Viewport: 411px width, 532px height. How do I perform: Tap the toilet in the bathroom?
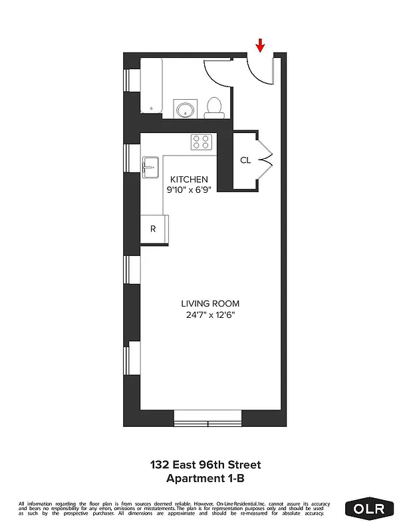[214, 107]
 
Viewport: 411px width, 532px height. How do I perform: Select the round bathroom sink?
[184, 108]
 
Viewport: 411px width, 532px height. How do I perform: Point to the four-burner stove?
[202, 142]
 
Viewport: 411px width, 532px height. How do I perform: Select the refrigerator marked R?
[154, 229]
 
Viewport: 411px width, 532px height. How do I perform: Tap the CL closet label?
[245, 160]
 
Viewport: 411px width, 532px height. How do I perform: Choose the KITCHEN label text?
[189, 180]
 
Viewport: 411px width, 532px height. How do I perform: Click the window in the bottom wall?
[207, 418]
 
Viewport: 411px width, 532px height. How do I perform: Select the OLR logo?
[369, 509]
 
